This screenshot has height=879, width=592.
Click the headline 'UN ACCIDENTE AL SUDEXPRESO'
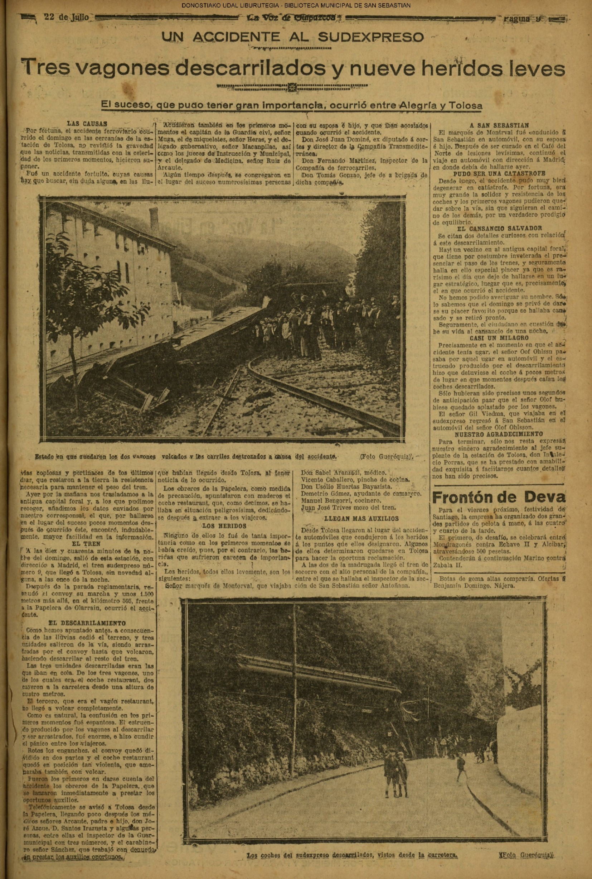[x=293, y=37]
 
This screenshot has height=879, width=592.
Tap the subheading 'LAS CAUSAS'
[x=87, y=124]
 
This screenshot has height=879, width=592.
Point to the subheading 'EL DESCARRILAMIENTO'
[x=88, y=623]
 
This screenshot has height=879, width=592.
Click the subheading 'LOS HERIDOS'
[x=224, y=525]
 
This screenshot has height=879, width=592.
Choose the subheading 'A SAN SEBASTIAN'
[x=499, y=125]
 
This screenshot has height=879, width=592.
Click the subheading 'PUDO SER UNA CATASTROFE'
[x=499, y=174]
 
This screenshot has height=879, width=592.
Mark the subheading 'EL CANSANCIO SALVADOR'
[x=499, y=228]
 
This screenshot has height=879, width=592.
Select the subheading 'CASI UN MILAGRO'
[x=499, y=338]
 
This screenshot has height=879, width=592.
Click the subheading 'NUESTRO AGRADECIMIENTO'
[x=499, y=434]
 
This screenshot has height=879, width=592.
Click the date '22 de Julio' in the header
[x=67, y=18]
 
